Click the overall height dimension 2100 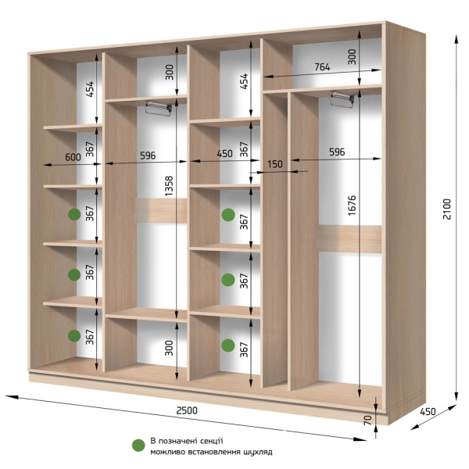click(446, 209)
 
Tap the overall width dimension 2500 click(187, 410)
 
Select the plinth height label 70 click(368, 420)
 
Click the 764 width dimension click(322, 67)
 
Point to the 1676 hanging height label click(352, 205)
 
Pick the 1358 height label click(169, 186)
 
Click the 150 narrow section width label click(274, 164)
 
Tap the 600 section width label click(73, 157)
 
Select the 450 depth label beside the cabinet click(428, 412)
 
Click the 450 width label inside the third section click(224, 153)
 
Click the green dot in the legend click(138, 446)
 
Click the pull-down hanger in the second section click(159, 109)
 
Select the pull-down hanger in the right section click(342, 99)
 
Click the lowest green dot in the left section click(74, 335)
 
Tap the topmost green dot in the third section click(228, 215)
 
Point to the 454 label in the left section click(89, 89)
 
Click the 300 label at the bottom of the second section click(169, 348)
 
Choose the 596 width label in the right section click(337, 152)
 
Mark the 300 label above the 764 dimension click(353, 57)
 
